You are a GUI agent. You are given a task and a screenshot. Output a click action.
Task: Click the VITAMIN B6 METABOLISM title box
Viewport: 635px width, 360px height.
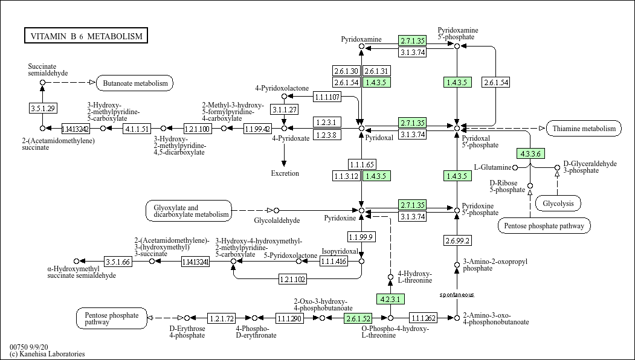click(x=86, y=36)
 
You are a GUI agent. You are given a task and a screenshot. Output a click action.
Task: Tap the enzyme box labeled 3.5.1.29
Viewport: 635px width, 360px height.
click(x=43, y=108)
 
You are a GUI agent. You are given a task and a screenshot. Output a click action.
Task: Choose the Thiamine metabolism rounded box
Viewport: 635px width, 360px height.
click(x=584, y=128)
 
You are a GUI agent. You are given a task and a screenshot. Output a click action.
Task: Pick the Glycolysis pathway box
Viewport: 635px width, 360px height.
click(x=558, y=204)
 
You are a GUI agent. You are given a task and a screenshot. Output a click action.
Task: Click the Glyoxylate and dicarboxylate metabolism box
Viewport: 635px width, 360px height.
click(x=189, y=210)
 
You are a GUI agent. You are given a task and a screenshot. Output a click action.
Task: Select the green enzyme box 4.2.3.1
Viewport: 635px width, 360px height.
click(x=390, y=299)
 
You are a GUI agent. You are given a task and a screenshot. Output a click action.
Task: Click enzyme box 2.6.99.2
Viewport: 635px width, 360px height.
click(x=457, y=240)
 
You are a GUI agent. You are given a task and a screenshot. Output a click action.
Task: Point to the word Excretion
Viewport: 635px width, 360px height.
click(x=285, y=173)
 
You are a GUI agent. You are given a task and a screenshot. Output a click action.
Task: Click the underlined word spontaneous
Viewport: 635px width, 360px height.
click(x=457, y=295)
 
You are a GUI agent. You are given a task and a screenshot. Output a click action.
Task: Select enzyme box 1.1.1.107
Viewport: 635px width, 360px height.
click(x=327, y=97)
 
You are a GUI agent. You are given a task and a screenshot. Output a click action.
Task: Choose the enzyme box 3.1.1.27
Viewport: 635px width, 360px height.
click(x=284, y=109)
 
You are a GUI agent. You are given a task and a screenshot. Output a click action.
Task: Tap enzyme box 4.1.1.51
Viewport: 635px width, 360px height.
click(x=137, y=129)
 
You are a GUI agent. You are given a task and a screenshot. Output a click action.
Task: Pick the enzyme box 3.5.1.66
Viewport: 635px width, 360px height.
click(x=118, y=262)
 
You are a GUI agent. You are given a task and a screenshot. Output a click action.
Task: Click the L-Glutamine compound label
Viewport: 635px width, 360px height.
click(x=492, y=167)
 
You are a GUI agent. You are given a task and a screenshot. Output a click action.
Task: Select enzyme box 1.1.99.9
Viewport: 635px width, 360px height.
click(x=361, y=236)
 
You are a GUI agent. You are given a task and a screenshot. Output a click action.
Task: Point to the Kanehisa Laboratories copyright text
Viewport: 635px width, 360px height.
click(x=47, y=354)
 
